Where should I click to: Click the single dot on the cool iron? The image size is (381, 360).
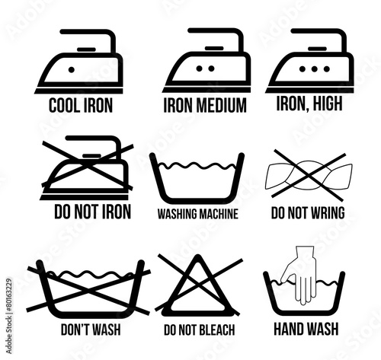pos(72,69)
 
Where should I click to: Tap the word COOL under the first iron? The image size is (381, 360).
pos(64,106)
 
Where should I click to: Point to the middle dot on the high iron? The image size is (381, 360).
pos(314,68)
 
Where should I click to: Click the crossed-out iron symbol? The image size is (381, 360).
pos(87,167)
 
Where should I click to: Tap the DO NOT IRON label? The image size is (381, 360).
pos(93,212)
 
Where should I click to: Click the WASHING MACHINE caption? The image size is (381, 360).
pos(198,214)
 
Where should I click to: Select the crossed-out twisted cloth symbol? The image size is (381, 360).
pos(309,175)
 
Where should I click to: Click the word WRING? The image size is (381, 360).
pos(328,212)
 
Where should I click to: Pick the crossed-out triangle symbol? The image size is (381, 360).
pos(198,285)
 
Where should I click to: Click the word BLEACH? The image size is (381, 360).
pos(217,330)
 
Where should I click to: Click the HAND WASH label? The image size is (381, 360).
pos(306,329)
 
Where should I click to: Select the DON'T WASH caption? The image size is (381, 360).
pos(91,330)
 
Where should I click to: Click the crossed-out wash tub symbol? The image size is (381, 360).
pos(88,289)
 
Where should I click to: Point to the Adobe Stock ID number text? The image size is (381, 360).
pos(9,316)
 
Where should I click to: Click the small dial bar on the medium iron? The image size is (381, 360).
pos(214,48)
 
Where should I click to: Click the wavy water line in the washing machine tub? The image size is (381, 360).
pos(197,166)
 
